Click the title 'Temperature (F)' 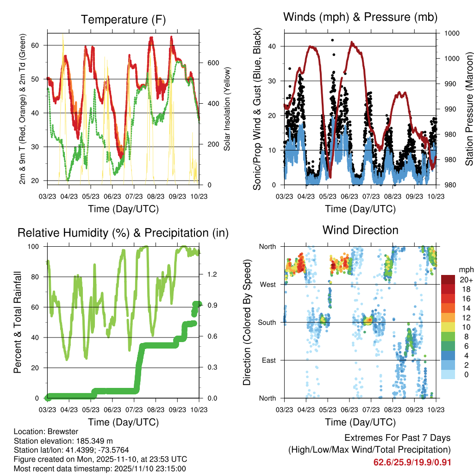[123, 19]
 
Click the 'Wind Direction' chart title [360, 230]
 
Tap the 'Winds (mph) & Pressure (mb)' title [360, 17]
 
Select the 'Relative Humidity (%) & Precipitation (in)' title [123, 233]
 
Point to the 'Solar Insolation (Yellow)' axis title [227, 109]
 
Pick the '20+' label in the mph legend [466, 280]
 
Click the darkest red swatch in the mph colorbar [449, 280]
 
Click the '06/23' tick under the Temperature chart [112, 196]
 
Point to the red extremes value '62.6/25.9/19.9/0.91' [412, 462]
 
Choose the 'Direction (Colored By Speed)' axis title [247, 322]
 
